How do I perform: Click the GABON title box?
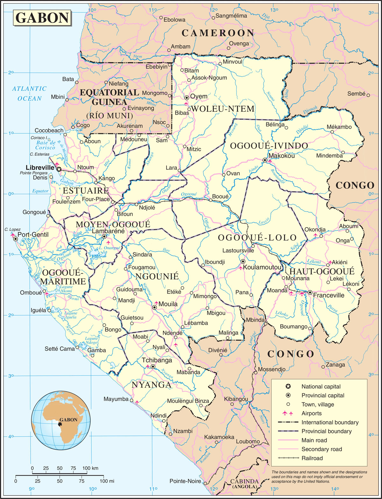42,18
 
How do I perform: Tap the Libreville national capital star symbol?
59,169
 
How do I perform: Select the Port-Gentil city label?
33,235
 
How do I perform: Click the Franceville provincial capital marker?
309,292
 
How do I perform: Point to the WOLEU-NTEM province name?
223,109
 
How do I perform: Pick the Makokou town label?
281,156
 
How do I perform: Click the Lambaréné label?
108,231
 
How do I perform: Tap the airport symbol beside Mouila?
156,303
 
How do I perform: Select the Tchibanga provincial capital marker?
153,367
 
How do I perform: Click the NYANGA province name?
152,385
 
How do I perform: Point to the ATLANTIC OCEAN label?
29,94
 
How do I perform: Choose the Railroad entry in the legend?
312,458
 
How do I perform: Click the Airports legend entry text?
311,413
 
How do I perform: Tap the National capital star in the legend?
288,386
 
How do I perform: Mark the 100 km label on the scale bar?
90,468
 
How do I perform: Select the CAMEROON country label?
218,33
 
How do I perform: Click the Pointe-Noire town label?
185,481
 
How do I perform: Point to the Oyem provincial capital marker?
187,97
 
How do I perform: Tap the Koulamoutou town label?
262,267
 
